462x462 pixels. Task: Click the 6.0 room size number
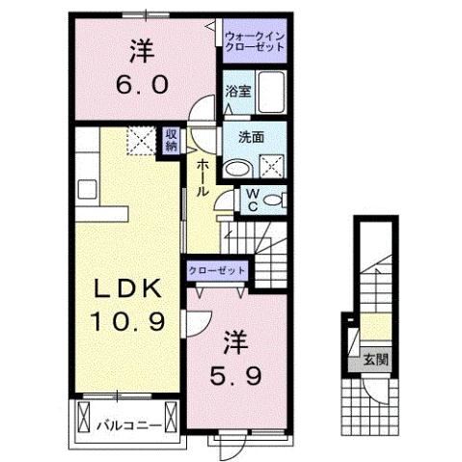143,84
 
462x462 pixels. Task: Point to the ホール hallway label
203,179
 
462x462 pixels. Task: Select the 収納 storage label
171,141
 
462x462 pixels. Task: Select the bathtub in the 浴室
272,92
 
